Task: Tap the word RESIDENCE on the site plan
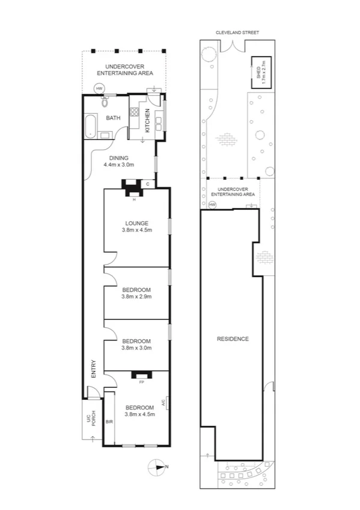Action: pos(233,339)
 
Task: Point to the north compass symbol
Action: pos(159,466)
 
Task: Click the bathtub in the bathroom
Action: pos(90,126)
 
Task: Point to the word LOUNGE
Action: pos(136,223)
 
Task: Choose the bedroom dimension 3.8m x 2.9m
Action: pos(136,296)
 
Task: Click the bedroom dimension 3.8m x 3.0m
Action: pos(136,347)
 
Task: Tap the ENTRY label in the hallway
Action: pos(93,369)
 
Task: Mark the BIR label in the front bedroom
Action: pos(109,422)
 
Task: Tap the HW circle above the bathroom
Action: pos(99,88)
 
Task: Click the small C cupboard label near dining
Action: pos(147,184)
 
